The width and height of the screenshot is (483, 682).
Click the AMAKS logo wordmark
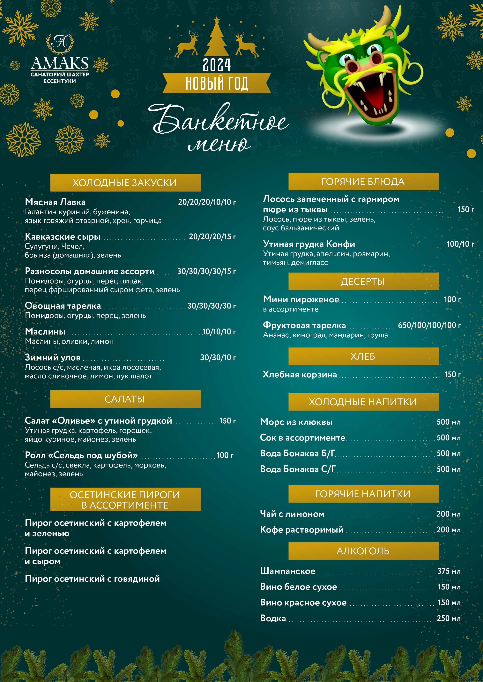coord(60,63)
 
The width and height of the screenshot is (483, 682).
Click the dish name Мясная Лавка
coord(55,202)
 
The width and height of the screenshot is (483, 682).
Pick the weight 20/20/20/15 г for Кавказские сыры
coord(212,237)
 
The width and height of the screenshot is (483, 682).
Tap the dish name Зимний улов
coord(53,357)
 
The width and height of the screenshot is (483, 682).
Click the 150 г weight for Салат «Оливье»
coord(227,421)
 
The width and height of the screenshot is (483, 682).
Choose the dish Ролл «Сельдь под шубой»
coord(81,455)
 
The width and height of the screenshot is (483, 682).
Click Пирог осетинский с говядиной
coord(92,579)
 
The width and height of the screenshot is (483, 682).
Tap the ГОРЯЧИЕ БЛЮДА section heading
coord(363,181)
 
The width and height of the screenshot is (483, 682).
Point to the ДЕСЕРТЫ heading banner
coord(363,281)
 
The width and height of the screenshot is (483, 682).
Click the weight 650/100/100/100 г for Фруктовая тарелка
coord(429,325)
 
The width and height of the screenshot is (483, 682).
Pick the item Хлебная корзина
coord(300,375)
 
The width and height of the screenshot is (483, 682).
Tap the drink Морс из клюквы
coord(296,422)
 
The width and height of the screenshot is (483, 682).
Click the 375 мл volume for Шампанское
coord(449,571)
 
